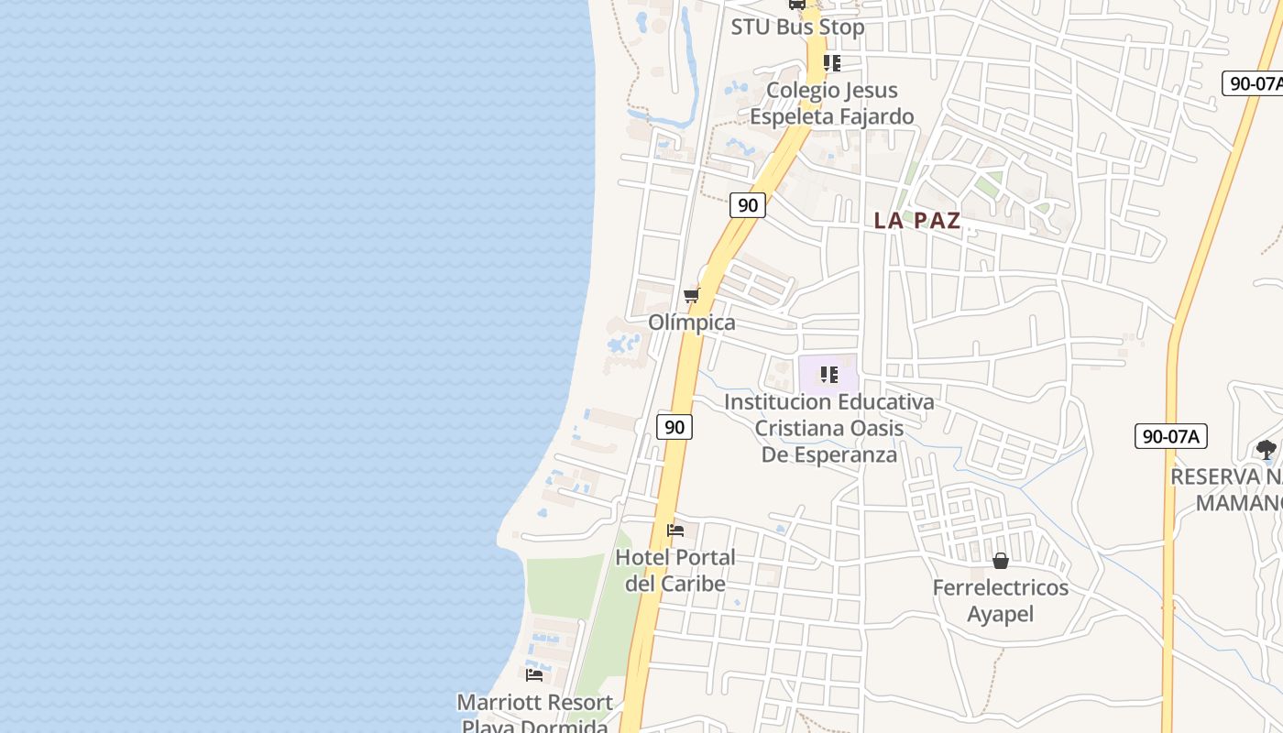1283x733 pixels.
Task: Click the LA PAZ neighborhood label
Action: tap(916, 221)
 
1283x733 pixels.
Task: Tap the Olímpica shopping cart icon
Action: tap(692, 295)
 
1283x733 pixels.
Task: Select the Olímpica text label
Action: tap(692, 323)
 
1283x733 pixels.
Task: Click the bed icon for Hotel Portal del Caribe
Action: tap(675, 531)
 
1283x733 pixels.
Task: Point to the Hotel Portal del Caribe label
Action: tap(675, 570)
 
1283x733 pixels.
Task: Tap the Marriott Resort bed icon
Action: tap(534, 675)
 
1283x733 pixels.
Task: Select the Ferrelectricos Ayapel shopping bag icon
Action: tap(1001, 560)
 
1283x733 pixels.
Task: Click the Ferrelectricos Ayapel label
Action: tap(1001, 600)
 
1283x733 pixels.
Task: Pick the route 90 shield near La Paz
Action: tap(748, 205)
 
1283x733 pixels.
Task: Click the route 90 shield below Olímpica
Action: tap(674, 426)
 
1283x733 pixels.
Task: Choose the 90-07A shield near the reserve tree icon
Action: tap(1170, 436)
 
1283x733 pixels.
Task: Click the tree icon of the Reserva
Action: tap(1266, 449)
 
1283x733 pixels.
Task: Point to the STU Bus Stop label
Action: tap(797, 27)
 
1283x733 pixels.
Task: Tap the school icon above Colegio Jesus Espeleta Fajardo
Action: tap(831, 63)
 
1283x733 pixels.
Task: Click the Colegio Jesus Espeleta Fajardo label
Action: tap(832, 103)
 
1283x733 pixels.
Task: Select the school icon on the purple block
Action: tap(828, 374)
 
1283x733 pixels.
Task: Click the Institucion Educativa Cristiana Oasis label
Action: tap(829, 427)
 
